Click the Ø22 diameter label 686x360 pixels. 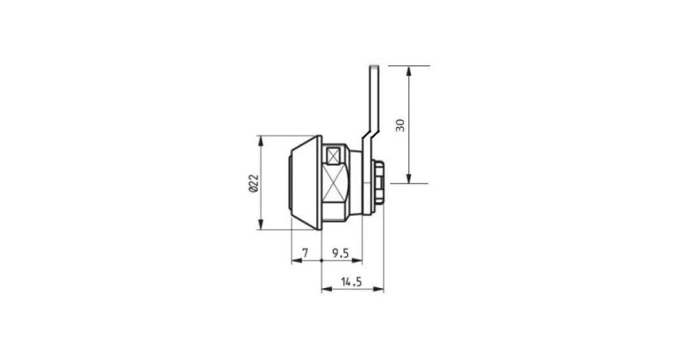point(254,184)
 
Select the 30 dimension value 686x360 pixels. point(401,125)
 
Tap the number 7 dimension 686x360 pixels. point(305,253)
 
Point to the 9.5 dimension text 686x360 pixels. point(340,253)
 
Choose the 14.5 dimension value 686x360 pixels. point(351,282)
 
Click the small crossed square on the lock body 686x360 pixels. point(334,156)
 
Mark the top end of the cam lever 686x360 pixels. point(374,66)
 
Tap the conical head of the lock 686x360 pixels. point(306,182)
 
